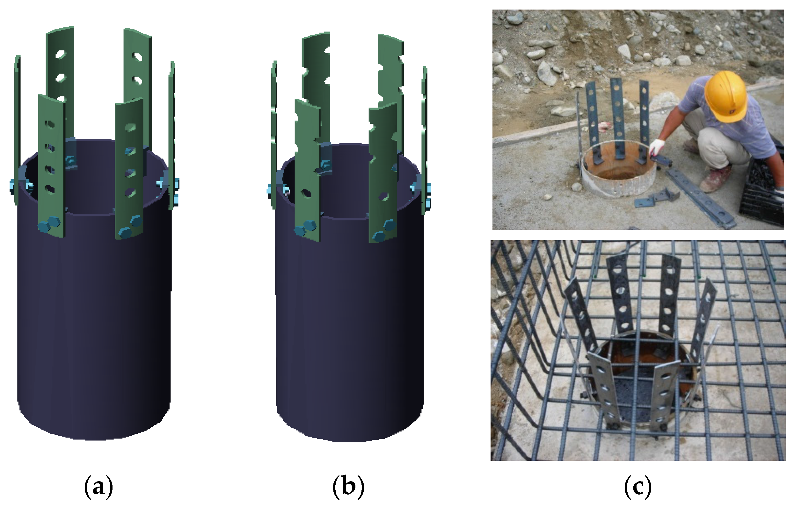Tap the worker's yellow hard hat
[x=725, y=99]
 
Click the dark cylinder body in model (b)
[x=350, y=329]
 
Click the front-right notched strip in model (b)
[x=382, y=171]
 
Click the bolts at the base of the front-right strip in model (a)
[x=130, y=227]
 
